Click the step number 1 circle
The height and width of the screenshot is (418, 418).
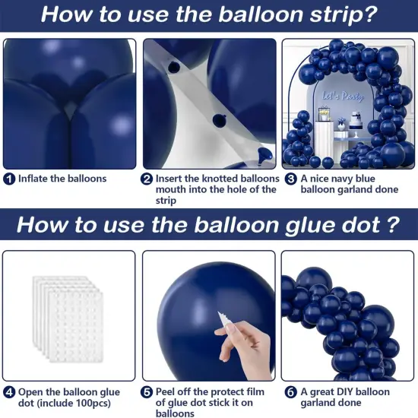coord(9,179)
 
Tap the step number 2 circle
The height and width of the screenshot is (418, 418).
coord(147,179)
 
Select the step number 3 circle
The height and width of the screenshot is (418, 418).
coord(290,179)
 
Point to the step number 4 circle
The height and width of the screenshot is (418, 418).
coord(9,392)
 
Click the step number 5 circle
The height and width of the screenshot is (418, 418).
coord(147,392)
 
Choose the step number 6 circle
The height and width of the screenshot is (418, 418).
coord(290,392)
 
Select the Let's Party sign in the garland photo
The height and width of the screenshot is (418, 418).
coord(343,98)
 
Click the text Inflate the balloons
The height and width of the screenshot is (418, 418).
coord(63,179)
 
